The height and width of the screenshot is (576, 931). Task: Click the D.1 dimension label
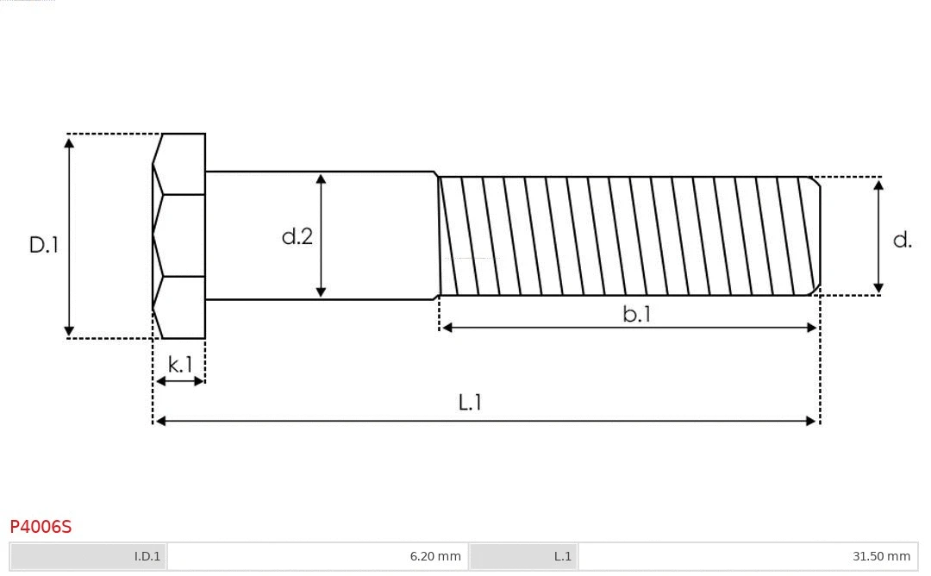click(43, 245)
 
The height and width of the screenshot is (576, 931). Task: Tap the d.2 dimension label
click(297, 237)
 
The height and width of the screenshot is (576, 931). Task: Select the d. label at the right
click(902, 241)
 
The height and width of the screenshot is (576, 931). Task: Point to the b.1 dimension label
click(637, 315)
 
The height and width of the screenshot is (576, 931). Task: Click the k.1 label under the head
click(180, 365)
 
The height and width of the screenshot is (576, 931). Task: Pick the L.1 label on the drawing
click(470, 403)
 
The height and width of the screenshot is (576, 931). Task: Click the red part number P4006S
click(41, 526)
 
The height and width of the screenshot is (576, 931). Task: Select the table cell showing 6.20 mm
click(318, 556)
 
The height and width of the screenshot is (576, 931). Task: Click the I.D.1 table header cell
click(89, 556)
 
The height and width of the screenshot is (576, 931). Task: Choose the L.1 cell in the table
click(523, 556)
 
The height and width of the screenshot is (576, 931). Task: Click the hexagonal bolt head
click(180, 235)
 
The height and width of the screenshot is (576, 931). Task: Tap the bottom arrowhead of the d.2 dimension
click(321, 292)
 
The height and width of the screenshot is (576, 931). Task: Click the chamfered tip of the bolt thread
click(815, 236)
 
